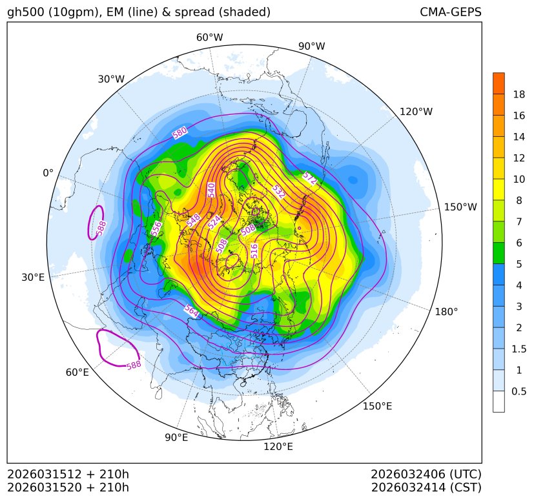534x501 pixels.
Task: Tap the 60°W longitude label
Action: pos(209,37)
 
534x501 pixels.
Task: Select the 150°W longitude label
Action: pos(460,207)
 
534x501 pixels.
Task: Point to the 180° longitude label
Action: pos(446,312)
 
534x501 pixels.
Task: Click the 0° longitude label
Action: pos(48,173)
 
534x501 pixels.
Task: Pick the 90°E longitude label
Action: pos(176,438)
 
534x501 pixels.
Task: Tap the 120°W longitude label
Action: pos(416,112)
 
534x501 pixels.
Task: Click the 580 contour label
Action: pos(180,132)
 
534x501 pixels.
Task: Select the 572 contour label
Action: pos(310,179)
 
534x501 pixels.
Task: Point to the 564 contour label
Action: pos(191,311)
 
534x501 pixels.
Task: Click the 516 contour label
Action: pos(254,251)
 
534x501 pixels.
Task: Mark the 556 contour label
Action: pos(156,228)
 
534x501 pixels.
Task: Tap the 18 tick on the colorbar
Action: pos(519,94)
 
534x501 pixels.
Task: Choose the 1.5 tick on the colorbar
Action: pos(520,349)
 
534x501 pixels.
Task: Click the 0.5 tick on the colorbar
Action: pos(519,391)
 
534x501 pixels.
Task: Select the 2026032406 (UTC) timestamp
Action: pos(426,475)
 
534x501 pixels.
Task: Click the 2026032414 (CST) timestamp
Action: pos(426,487)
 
